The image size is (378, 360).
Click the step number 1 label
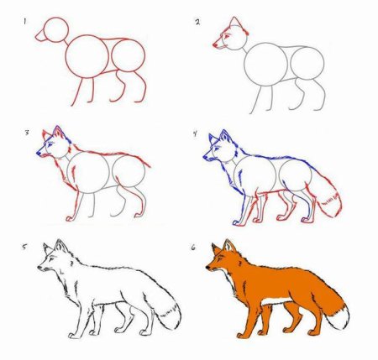coord(24,21)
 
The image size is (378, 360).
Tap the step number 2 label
coord(197,22)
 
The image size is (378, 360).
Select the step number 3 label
coord(27,133)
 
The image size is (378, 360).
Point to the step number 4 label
coord(195,133)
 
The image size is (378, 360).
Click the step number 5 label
coord(24,247)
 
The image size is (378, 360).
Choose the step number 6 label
coord(193,248)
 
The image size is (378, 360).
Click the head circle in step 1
coord(56,18)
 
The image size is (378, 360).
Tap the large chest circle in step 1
coord(87,35)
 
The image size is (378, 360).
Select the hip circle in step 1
coord(128,39)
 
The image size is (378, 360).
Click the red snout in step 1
coord(40,34)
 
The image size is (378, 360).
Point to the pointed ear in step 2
coord(234,22)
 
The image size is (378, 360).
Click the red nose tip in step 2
coord(215,44)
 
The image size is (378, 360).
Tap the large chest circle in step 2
coord(265,43)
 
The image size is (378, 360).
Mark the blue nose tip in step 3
coord(38,153)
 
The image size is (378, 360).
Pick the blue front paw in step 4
coord(237,223)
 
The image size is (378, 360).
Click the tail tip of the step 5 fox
coord(171,316)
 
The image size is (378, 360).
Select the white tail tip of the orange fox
coord(339,316)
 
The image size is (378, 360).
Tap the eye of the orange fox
coord(218,260)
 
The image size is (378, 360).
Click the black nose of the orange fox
coord(207,268)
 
